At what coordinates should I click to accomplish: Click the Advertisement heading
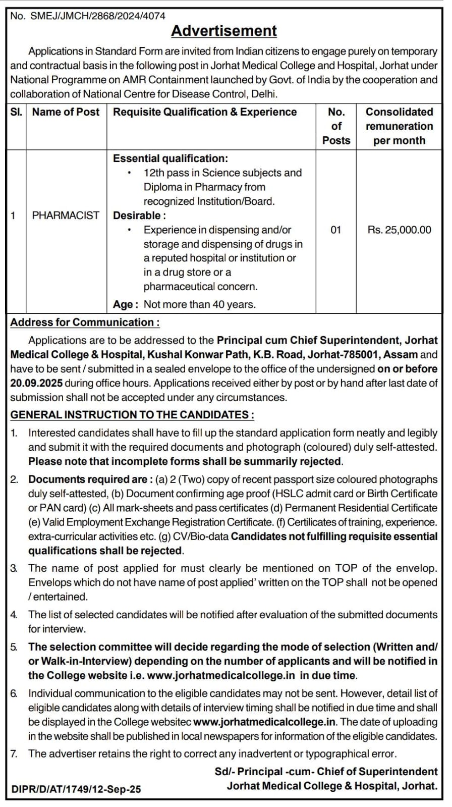[x=223, y=31]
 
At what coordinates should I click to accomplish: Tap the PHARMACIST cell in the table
[x=66, y=216]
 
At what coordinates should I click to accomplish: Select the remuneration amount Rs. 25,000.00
[x=399, y=230]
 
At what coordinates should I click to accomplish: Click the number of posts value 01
[x=335, y=230]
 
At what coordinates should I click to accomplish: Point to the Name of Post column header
[x=66, y=112]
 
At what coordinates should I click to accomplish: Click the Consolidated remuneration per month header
[x=399, y=126]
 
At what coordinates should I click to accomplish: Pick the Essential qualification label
[x=170, y=158]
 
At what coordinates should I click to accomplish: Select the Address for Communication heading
[x=85, y=322]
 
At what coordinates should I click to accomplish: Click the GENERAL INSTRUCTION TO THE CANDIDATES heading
[x=132, y=415]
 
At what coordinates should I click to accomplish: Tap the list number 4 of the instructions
[x=14, y=615]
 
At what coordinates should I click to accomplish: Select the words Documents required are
[x=88, y=479]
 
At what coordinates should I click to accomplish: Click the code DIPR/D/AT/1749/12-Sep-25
[x=76, y=789]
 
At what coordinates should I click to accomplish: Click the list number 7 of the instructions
[x=14, y=754]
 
